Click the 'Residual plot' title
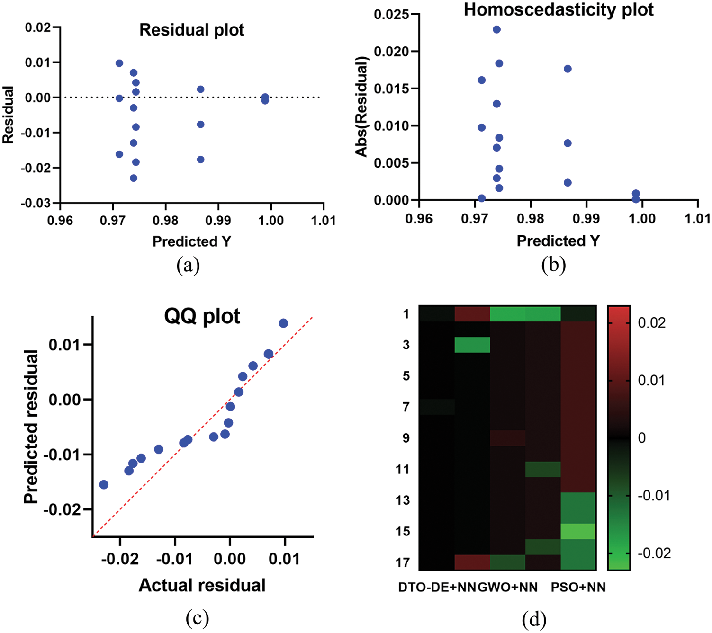[x=191, y=30]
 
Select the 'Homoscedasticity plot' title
[x=558, y=9]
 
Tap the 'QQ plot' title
[x=202, y=316]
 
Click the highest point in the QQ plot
[x=283, y=323]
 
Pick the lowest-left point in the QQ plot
[x=104, y=484]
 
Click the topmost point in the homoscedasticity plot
[x=496, y=30]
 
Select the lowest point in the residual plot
[x=134, y=178]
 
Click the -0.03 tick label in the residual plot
[x=36, y=203]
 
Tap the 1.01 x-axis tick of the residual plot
[x=324, y=220]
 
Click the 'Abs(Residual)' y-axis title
[x=361, y=106]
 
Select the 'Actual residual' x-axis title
[x=202, y=586]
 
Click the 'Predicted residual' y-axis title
[x=31, y=427]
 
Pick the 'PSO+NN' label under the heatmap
[x=578, y=588]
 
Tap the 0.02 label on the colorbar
[x=651, y=323]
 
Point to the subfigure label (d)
[x=534, y=618]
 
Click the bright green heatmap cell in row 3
[x=472, y=345]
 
